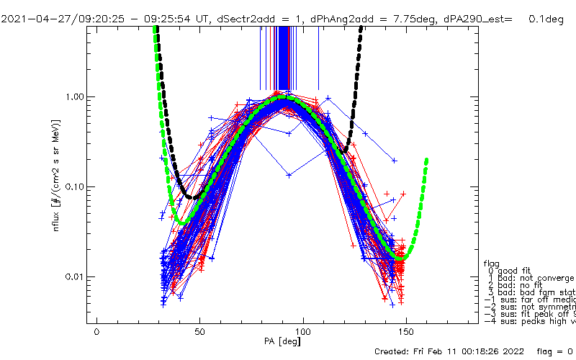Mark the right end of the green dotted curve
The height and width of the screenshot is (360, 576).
coord(427,159)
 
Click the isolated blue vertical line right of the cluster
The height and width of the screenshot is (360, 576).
coord(318,58)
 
